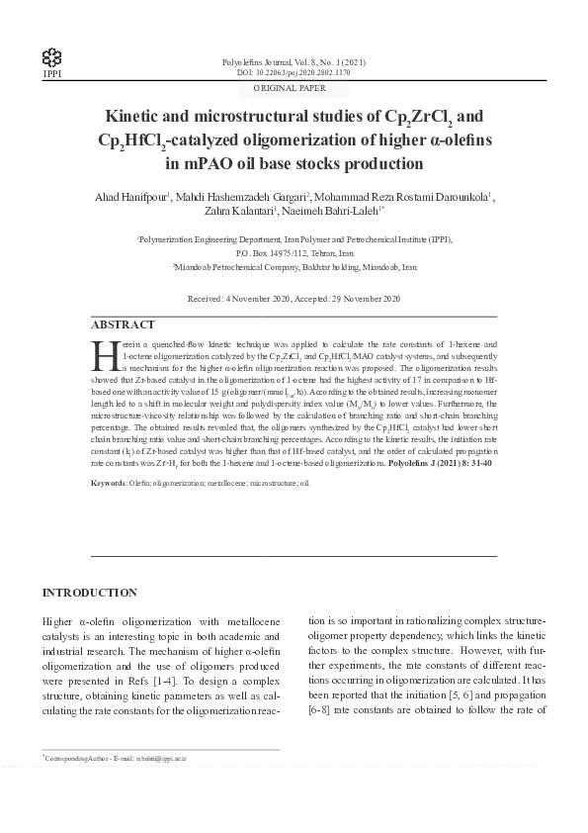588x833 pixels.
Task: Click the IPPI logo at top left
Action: tap(48, 57)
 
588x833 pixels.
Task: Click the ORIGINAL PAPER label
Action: tap(294, 88)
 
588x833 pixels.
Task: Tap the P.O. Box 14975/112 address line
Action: tap(294, 252)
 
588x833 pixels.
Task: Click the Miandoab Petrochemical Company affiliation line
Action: tap(294, 266)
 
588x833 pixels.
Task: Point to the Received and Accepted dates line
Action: tap(294, 298)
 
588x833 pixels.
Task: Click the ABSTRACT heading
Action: tap(123, 324)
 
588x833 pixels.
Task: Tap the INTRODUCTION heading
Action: tap(89, 593)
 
